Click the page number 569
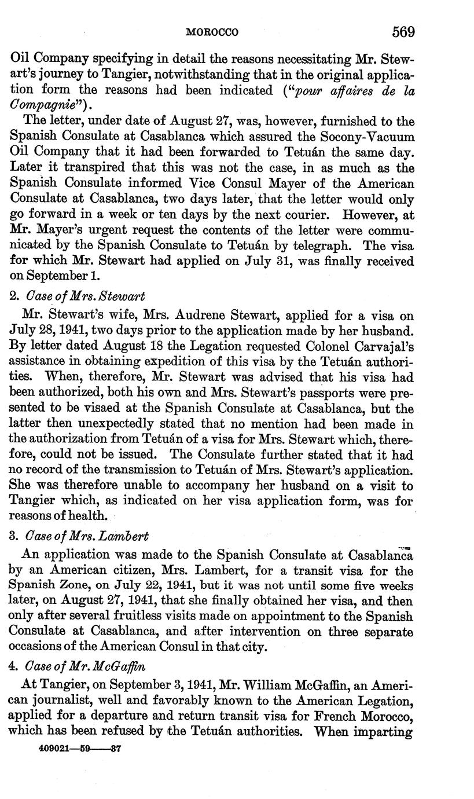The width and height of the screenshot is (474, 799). [403, 31]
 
